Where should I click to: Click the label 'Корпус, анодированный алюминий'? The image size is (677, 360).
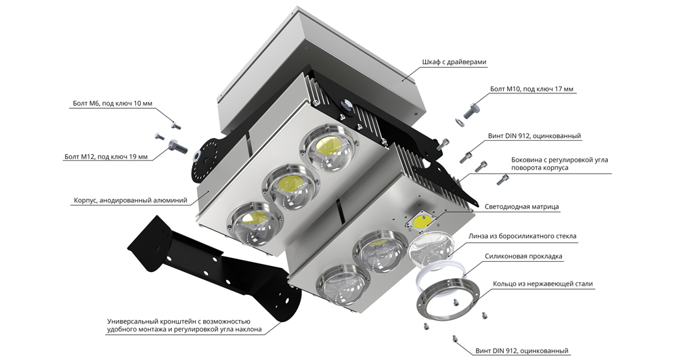130,201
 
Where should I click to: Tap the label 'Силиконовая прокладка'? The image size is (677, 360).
524,257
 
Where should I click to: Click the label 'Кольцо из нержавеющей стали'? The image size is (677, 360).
539,284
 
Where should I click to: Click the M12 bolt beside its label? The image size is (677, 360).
177,144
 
